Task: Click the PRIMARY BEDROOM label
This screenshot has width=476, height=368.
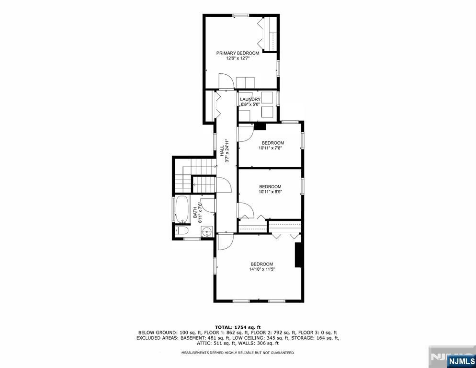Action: point(238,53)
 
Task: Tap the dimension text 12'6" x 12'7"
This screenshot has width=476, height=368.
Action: point(238,58)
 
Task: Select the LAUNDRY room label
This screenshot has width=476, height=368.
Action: point(250,99)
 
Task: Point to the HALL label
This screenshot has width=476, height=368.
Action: point(222,151)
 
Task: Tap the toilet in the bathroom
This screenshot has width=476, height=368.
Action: point(181,231)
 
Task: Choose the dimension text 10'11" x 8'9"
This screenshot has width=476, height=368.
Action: point(270,192)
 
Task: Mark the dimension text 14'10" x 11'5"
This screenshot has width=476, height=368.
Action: point(261,269)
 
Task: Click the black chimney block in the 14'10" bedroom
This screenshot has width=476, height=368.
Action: point(298,255)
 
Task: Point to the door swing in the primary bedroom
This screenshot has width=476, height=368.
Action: point(225,81)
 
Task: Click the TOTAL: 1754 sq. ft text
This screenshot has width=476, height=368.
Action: point(238,327)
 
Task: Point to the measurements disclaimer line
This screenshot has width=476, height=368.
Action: point(238,353)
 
